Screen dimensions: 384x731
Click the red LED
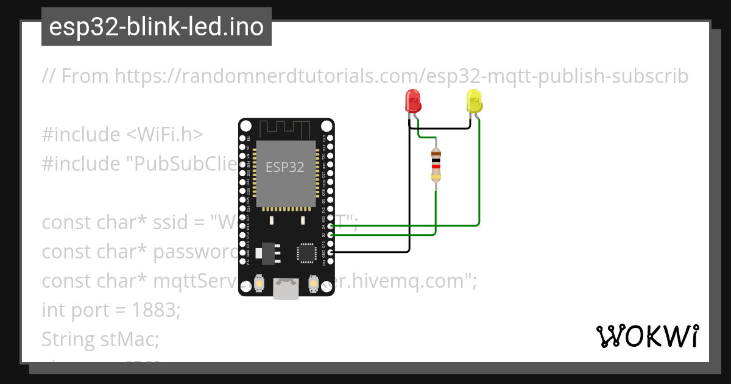tap(414, 101)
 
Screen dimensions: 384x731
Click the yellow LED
tap(474, 101)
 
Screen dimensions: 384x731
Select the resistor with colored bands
tap(436, 165)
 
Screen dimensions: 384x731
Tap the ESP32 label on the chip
tap(284, 167)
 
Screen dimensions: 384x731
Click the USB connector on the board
tap(286, 290)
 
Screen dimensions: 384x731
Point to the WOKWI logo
tap(648, 336)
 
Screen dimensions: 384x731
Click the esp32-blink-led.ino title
tap(157, 27)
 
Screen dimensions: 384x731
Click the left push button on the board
tap(260, 283)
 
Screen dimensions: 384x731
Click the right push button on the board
tap(314, 283)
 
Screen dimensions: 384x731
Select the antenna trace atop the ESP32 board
tap(286, 129)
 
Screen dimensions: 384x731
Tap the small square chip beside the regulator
tap(305, 253)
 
